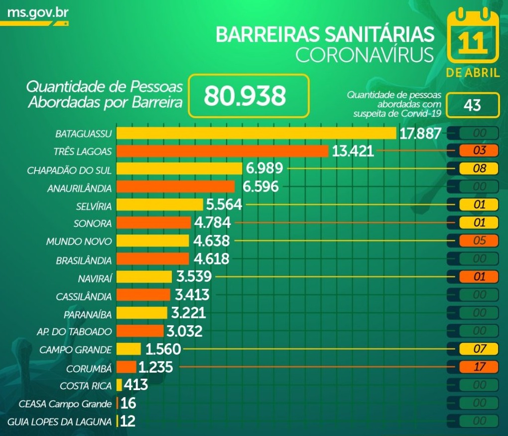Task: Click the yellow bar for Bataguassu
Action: coord(256,133)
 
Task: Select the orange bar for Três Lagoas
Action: coord(222,151)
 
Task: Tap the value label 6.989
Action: coord(264,169)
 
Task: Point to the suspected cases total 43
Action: coord(472,105)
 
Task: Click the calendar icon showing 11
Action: coord(472,37)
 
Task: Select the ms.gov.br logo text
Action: coord(37,11)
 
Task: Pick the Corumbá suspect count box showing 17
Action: coord(479,367)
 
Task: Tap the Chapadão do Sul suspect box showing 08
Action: coord(479,169)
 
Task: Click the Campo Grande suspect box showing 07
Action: coord(479,349)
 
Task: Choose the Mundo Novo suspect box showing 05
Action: coord(479,241)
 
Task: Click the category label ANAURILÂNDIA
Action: coord(80,188)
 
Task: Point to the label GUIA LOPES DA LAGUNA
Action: coord(60,422)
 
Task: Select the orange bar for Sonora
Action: coord(153,223)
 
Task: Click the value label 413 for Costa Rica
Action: coord(135,385)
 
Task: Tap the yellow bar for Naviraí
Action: coord(144,277)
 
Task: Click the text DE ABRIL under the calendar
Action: coord(473,73)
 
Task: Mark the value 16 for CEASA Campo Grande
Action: coord(128,403)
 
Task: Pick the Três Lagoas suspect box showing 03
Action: coord(479,150)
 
